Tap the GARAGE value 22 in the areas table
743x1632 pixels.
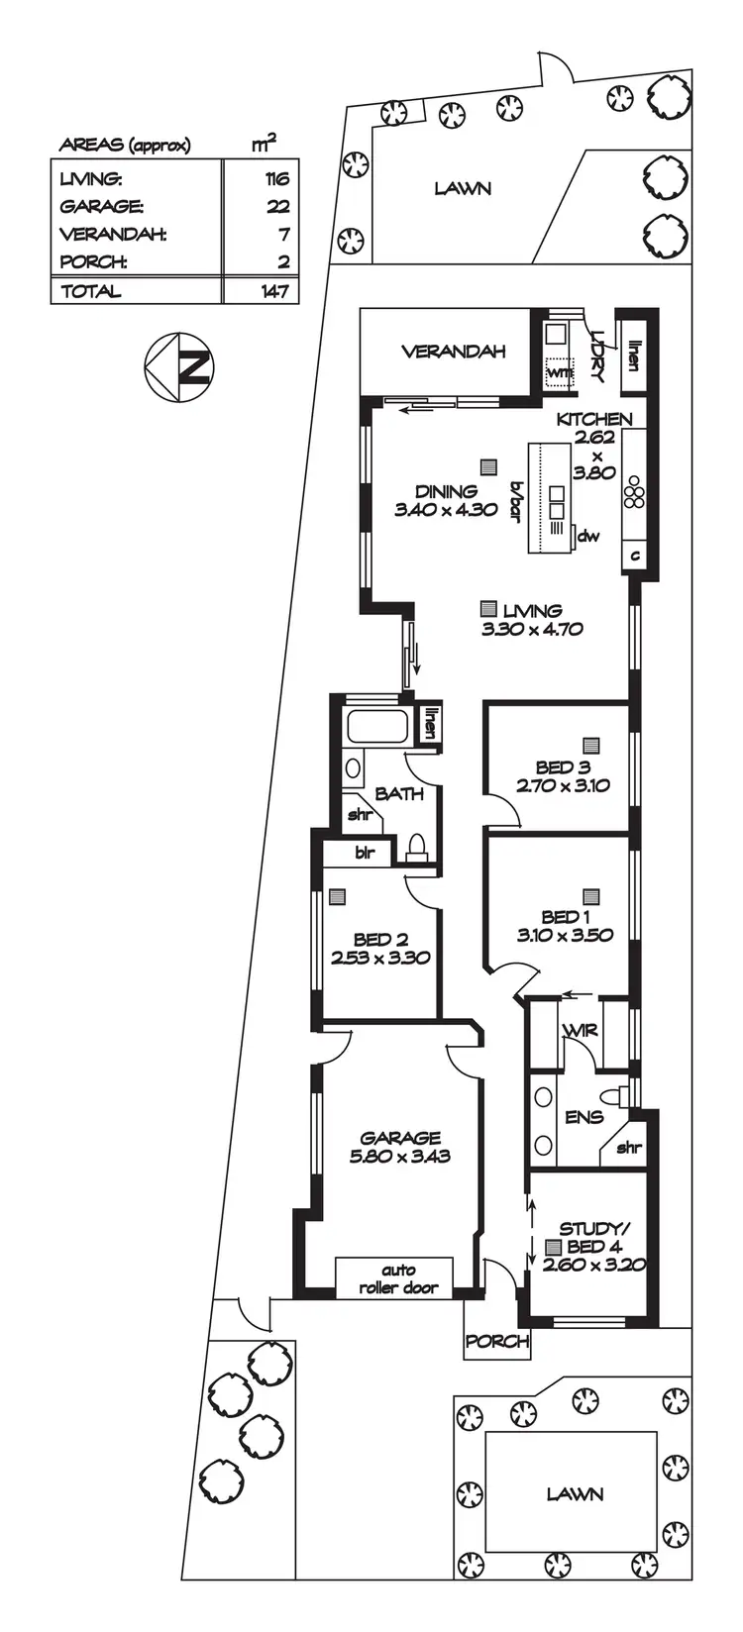point(277,207)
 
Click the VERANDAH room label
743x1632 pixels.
point(453,352)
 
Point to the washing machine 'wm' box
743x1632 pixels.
point(560,371)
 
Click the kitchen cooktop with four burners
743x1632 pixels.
point(634,492)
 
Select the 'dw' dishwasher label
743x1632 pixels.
point(588,537)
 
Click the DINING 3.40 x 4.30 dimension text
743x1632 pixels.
point(446,511)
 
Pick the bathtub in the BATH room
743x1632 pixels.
point(375,728)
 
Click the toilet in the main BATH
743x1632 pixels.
point(417,847)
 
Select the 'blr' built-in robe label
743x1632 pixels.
point(365,853)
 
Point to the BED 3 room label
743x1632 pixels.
point(563,767)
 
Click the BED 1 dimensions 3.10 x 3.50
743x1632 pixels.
point(565,935)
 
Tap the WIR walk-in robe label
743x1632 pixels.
point(580,1030)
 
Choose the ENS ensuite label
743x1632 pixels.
point(584,1117)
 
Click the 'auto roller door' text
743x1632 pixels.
point(398,1278)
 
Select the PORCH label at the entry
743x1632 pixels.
point(497,1342)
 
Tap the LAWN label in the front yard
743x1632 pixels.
point(575,1493)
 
